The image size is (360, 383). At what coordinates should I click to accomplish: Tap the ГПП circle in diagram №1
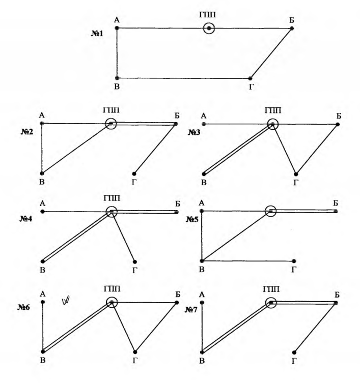209,28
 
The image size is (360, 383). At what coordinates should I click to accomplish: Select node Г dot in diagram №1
250,78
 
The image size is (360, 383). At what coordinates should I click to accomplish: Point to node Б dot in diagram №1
292,28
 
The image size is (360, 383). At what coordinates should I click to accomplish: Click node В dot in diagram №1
117,78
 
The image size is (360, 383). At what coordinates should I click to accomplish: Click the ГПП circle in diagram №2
111,124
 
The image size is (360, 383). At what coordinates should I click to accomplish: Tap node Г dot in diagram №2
134,173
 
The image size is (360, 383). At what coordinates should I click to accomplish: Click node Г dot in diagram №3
296,173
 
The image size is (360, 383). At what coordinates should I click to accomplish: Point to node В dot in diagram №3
204,174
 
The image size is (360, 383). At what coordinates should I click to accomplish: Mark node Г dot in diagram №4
135,261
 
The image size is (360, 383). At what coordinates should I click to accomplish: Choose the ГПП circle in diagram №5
271,211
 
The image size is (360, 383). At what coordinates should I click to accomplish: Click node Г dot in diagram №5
296,261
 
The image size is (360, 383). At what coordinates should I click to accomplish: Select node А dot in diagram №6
43,302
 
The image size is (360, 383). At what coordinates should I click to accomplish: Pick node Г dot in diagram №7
296,351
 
